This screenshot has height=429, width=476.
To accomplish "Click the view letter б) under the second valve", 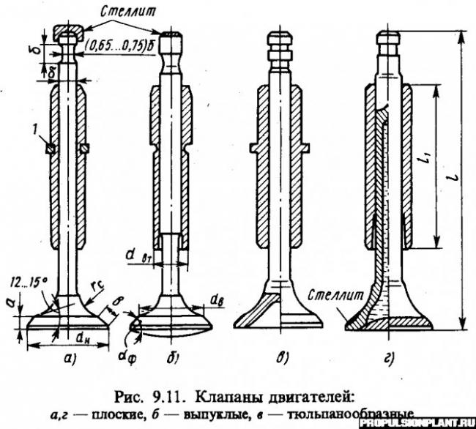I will (167, 357).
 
